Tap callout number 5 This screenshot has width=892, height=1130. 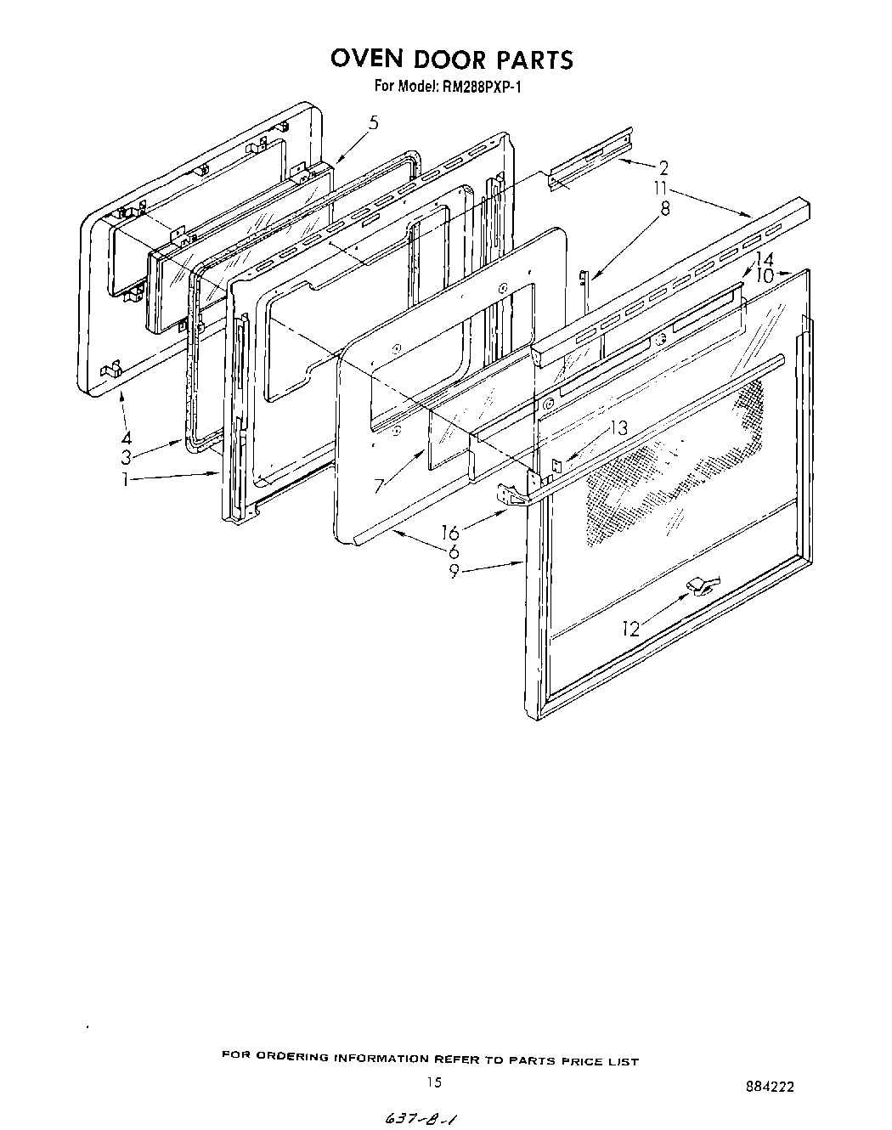coord(373,123)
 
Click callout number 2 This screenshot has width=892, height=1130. coord(664,167)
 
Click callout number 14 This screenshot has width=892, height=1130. coord(764,259)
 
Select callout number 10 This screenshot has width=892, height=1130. coord(764,276)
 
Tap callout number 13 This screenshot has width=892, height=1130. coord(618,429)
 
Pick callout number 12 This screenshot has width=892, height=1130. coord(630,629)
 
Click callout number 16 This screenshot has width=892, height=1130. coord(450,533)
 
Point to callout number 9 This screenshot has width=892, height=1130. coord(454,571)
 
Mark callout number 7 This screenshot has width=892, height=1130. coord(379,486)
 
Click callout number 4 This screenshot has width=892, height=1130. coord(126,439)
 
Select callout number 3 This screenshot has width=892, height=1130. coord(126,458)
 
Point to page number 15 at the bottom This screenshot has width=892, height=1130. coord(434,1082)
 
